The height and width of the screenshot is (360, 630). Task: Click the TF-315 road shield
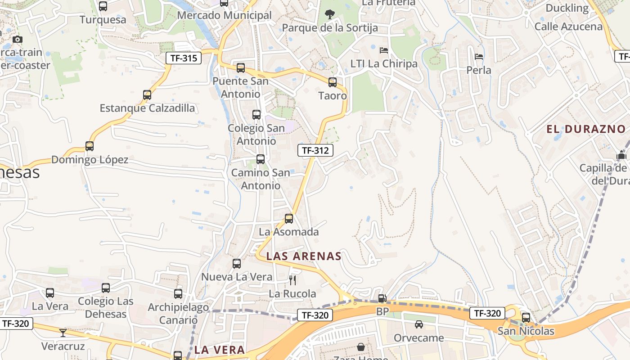pos(184,58)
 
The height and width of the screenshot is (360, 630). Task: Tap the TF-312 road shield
pos(315,150)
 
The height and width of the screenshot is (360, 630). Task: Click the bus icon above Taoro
pos(333,82)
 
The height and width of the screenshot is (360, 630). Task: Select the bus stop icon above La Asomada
pos(289,219)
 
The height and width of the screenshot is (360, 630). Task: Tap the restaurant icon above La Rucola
pos(292,280)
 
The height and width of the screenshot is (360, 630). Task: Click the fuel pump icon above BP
pos(382,298)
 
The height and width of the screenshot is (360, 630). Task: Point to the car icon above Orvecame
pos(419,324)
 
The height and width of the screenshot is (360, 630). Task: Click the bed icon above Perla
pos(479,57)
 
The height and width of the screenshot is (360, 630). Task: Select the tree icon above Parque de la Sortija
pos(330,14)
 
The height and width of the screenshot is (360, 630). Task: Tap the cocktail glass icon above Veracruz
pos(63,333)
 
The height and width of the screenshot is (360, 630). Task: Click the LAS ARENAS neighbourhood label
pos(304,256)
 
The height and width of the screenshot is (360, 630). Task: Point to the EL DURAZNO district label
pos(586,129)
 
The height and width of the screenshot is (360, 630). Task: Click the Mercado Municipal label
pos(224,15)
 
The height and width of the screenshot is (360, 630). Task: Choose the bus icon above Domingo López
pos(90,146)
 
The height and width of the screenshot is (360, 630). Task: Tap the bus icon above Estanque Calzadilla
pos(147,95)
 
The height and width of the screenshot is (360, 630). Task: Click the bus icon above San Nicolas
pos(526,318)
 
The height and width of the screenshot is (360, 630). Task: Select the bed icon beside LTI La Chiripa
pos(384,50)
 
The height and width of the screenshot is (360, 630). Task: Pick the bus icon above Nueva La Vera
pos(237,264)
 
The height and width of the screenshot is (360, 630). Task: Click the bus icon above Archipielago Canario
pos(178,294)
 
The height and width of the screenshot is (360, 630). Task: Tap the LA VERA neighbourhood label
pos(220,350)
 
